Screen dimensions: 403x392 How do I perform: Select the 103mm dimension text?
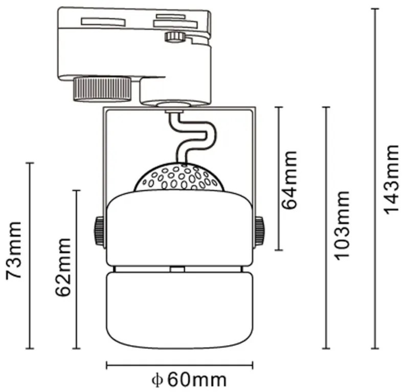(341, 225)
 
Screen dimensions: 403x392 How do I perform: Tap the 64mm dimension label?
(289, 180)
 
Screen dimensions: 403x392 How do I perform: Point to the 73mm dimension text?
(14, 251)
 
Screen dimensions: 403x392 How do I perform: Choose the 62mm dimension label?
(63, 267)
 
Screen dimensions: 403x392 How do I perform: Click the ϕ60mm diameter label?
(189, 380)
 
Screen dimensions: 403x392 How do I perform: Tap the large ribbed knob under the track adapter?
(102, 88)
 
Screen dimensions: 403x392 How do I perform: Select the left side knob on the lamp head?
(99, 231)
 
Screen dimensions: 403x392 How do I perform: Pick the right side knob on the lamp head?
(260, 231)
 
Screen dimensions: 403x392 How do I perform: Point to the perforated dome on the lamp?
(179, 177)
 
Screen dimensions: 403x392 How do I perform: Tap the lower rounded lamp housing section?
(180, 310)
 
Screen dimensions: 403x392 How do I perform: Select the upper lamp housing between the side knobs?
(180, 228)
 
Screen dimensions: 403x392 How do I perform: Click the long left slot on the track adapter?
(103, 21)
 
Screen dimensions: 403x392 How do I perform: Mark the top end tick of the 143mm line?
(375, 9)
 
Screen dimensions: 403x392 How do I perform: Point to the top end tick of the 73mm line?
(30, 163)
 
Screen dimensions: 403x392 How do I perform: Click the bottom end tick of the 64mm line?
(279, 250)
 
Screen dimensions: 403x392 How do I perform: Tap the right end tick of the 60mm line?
(253, 365)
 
